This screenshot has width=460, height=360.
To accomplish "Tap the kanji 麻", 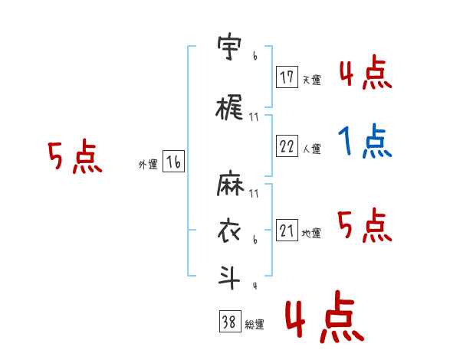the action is (230, 183).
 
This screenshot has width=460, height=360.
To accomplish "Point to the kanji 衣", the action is (229, 231).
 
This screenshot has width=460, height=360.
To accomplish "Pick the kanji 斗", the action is (228, 277).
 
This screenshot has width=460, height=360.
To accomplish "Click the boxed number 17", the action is (287, 77).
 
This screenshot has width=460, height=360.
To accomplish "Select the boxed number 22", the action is (287, 146).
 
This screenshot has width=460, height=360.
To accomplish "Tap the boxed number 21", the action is (287, 230).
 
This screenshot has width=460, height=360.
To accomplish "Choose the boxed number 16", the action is (173, 162).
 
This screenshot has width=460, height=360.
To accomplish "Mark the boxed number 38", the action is (230, 321).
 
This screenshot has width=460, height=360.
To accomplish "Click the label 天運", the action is (311, 80).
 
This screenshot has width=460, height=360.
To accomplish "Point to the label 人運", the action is (311, 149).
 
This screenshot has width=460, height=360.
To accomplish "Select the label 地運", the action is (311, 233).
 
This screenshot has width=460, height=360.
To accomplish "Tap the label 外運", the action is (148, 165).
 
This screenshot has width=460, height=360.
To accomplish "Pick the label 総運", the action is (254, 324).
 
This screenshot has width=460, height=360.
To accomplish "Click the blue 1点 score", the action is (365, 141).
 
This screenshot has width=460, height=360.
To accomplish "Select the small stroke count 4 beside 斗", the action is (255, 286).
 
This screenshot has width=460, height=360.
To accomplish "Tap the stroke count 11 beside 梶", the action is (254, 117).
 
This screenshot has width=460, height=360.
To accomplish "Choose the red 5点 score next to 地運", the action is (365, 225).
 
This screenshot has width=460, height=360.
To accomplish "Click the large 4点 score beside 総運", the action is (325, 316).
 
